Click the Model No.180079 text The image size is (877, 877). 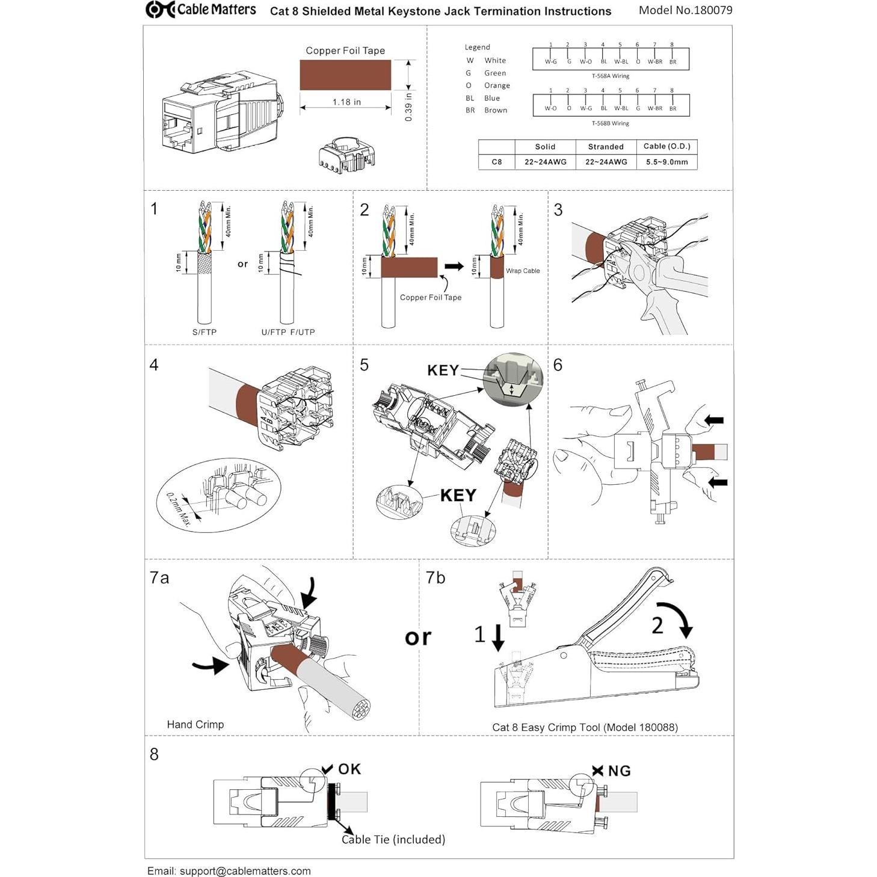tap(685, 10)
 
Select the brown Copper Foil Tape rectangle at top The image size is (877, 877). tap(345, 75)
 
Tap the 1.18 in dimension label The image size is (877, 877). tap(346, 102)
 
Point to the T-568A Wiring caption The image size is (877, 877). tap(610, 76)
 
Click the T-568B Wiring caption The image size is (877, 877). tap(610, 123)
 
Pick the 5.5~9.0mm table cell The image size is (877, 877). tap(666, 162)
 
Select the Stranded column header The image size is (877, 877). tap(606, 147)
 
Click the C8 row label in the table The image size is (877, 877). tap(496, 162)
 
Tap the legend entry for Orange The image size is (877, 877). tap(496, 85)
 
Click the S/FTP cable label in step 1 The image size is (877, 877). tap(205, 332)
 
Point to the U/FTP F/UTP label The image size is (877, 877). tap(288, 332)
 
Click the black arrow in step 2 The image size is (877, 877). tap(454, 266)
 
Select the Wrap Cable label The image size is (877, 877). tap(523, 271)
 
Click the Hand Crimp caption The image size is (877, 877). tap(195, 725)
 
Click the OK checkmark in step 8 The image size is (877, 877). tap(327, 769)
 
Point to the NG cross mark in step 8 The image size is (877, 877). tap(597, 771)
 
